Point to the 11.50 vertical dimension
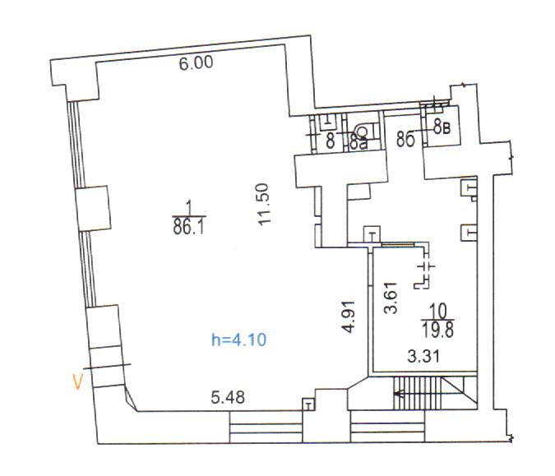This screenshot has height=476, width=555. (264, 206)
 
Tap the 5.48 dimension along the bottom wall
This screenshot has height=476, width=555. (229, 398)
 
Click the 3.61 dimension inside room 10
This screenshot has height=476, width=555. (392, 299)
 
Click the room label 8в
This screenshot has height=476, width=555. (442, 127)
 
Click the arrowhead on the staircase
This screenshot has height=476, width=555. (398, 394)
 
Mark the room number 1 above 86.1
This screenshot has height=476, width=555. (188, 206)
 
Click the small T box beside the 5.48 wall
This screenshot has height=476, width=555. (308, 404)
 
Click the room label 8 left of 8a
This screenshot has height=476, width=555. (330, 141)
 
